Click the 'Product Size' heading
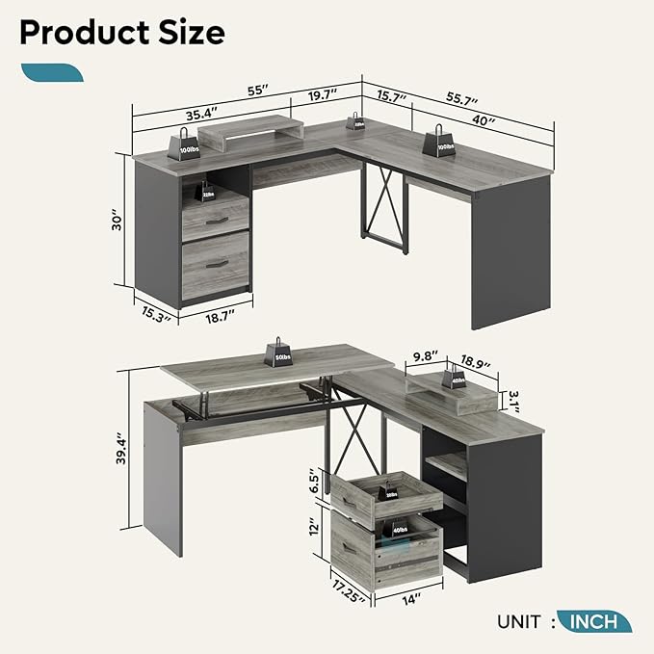pyautogui.click(x=121, y=32)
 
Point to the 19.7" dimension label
pyautogui.click(x=324, y=95)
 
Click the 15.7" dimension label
pyautogui.click(x=391, y=98)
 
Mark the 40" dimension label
pyautogui.click(x=484, y=122)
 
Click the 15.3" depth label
pyautogui.click(x=153, y=312)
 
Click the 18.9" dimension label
pyautogui.click(x=475, y=365)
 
